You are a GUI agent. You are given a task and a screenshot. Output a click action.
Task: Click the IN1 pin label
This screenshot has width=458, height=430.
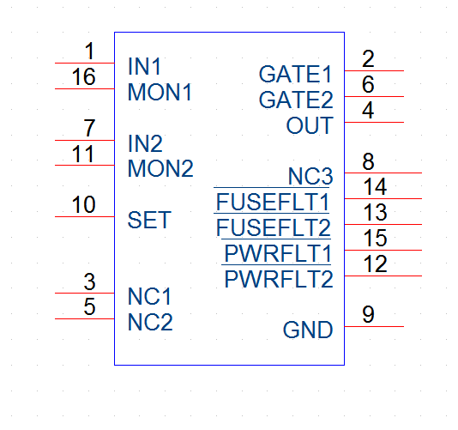pyautogui.click(x=144, y=67)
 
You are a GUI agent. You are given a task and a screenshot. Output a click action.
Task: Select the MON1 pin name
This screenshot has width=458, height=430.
pyautogui.click(x=160, y=93)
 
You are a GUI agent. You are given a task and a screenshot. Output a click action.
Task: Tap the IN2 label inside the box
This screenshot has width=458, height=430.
pyautogui.click(x=145, y=143)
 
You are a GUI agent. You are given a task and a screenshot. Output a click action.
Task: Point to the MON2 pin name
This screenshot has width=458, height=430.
pyautogui.click(x=160, y=169)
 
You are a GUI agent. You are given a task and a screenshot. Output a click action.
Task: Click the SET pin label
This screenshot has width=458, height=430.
pyautogui.click(x=149, y=220)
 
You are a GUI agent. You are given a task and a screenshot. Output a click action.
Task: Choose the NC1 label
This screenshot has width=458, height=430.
pyautogui.click(x=149, y=296)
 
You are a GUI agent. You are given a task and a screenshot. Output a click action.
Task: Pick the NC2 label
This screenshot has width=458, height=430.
pyautogui.click(x=150, y=322)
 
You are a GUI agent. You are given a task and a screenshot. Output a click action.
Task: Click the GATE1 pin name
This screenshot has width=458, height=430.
pyautogui.click(x=296, y=75)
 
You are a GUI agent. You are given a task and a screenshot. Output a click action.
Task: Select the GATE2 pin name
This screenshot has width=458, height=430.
pyautogui.click(x=296, y=100)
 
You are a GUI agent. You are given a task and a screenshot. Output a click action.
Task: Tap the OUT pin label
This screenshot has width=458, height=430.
pyautogui.click(x=310, y=125)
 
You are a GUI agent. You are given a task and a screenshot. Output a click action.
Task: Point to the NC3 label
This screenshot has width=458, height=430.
pyautogui.click(x=310, y=176)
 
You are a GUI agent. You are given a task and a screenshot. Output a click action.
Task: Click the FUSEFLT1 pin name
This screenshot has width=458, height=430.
pyautogui.click(x=273, y=202)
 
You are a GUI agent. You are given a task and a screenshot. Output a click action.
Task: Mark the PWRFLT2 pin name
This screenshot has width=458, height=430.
pyautogui.click(x=279, y=279)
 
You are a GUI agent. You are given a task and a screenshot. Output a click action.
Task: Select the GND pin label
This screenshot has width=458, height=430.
pyautogui.click(x=308, y=330)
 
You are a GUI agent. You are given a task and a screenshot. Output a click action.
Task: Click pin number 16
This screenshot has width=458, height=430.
pyautogui.click(x=83, y=76)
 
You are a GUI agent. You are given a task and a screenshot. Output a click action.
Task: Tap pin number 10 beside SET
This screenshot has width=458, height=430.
pyautogui.click(x=83, y=204)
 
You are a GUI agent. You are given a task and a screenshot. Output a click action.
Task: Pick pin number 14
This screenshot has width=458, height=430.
pyautogui.click(x=376, y=186)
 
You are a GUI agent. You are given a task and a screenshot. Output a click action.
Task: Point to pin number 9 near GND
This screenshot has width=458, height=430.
pyautogui.click(x=368, y=314)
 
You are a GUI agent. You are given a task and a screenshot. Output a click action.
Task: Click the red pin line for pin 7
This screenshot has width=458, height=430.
pyautogui.click(x=85, y=140)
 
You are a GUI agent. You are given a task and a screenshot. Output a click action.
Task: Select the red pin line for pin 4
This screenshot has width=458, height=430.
pyautogui.click(x=374, y=122)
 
